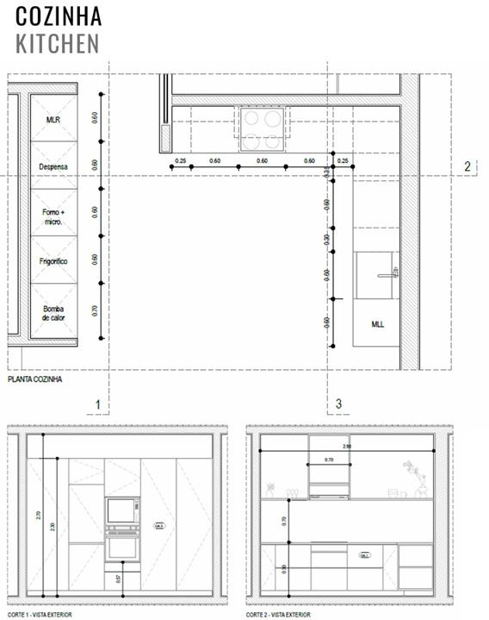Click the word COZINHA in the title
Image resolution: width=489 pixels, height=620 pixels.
(x=59, y=16)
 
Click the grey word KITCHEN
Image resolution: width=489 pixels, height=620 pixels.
(x=57, y=43)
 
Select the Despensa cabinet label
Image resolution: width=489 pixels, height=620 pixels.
(x=53, y=166)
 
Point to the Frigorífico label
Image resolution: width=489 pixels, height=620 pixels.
(x=53, y=260)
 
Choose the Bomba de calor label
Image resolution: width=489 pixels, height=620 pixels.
(x=53, y=312)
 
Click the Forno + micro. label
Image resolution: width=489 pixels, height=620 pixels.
(x=53, y=215)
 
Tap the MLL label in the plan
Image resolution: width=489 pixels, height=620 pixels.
(x=377, y=324)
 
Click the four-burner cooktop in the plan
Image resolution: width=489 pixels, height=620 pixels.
(x=261, y=128)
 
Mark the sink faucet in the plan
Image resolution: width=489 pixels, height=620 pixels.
(x=384, y=275)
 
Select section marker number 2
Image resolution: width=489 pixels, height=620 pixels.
(x=467, y=167)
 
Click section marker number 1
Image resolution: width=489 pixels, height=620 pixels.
(x=98, y=404)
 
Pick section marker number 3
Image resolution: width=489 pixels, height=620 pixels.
(x=338, y=404)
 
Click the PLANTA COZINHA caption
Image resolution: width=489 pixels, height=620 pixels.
(x=34, y=379)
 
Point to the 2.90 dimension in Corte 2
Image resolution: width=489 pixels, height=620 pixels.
(x=347, y=447)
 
